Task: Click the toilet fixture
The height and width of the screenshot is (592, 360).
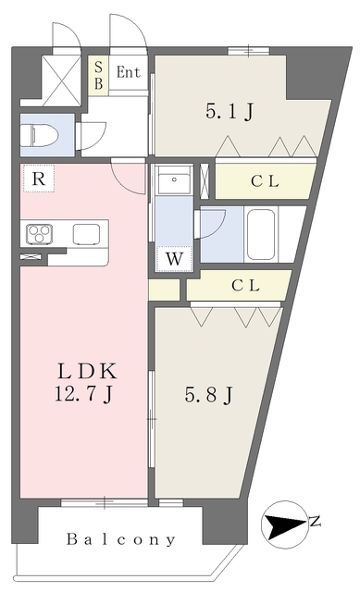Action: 40,136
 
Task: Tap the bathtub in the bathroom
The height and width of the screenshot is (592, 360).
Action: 261,234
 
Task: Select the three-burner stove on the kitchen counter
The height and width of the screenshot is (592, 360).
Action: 39,234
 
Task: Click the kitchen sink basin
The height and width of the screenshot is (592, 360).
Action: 86,234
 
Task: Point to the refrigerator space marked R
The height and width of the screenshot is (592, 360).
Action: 39,179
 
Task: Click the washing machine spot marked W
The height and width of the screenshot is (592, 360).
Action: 174,259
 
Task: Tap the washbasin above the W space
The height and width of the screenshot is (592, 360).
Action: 174,179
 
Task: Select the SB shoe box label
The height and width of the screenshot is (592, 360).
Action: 99,75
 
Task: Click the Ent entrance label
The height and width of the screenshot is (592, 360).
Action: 128,72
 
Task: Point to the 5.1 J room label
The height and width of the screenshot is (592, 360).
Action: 230,111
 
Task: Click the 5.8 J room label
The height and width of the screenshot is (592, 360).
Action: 208,395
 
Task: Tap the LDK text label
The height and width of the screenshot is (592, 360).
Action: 87,371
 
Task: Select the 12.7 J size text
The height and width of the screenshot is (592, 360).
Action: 83,394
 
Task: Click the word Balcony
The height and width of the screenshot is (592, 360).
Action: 121,539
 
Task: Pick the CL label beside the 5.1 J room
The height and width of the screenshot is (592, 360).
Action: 265,181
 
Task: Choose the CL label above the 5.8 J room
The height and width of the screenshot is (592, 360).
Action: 245,286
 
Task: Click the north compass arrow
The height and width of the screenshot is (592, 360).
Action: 284,524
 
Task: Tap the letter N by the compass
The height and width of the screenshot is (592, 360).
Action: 315,522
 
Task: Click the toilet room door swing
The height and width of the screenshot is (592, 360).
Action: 93,136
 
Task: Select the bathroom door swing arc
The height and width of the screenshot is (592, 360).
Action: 212,224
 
